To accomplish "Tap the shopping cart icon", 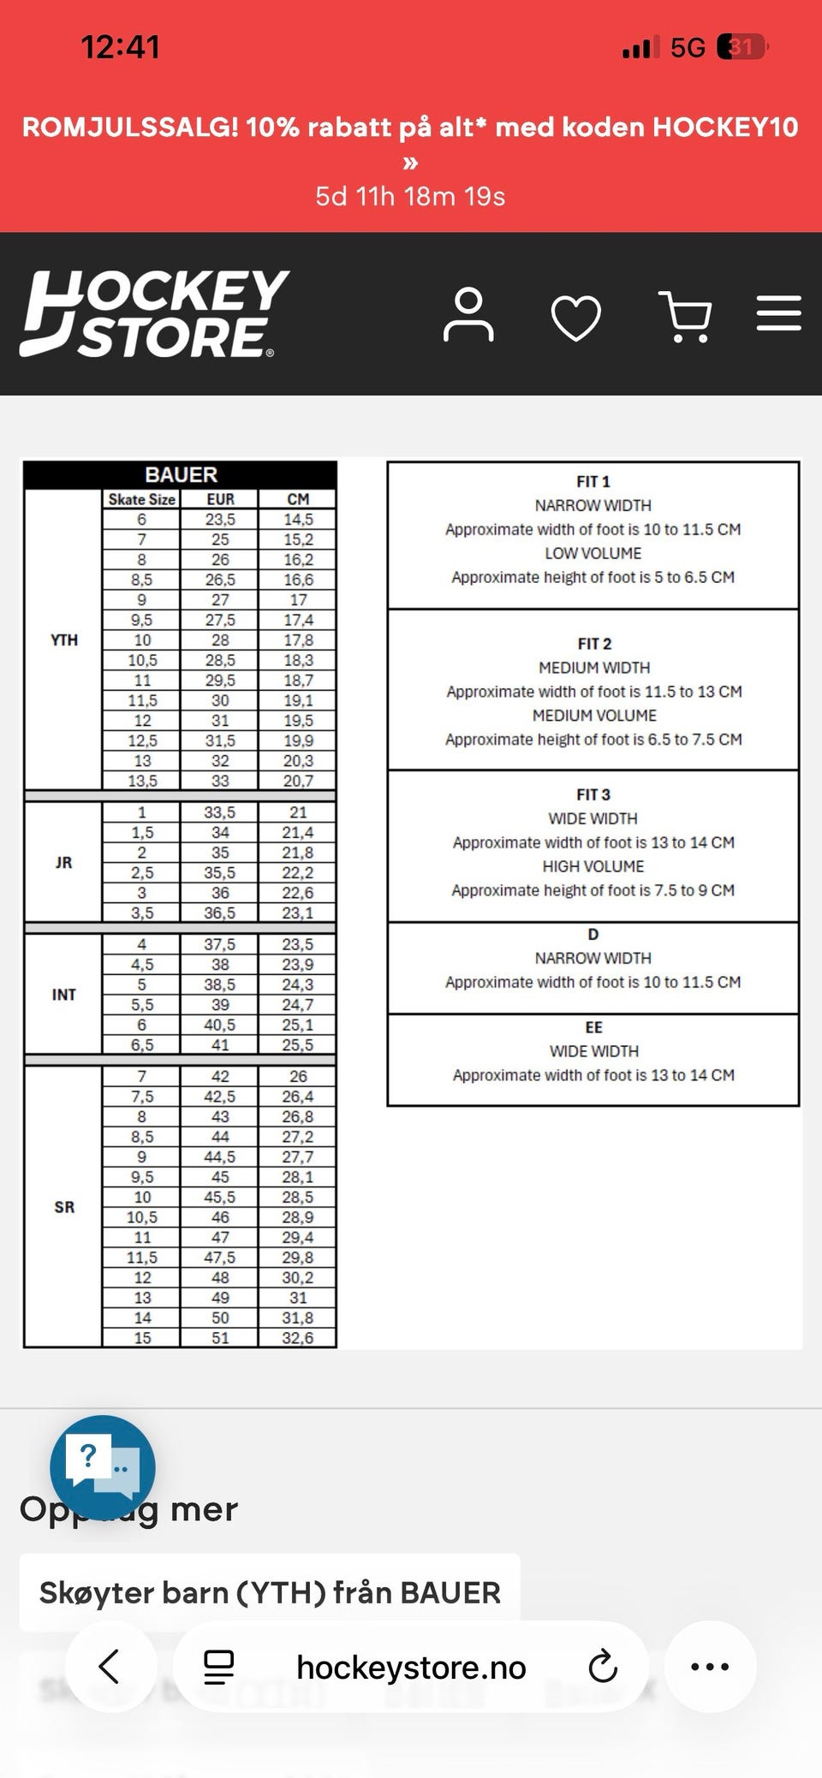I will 685,316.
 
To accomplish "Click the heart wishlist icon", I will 576,317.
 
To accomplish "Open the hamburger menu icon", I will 778,313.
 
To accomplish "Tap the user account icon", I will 468,315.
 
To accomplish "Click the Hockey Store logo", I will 154,313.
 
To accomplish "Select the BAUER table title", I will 181,475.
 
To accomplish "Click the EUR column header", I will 220,499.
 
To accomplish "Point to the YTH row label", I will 64,640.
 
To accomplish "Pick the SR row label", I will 64,1207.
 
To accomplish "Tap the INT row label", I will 64,995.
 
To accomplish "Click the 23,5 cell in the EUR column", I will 220,520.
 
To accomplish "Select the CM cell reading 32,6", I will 297,1338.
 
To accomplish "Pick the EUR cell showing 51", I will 220,1338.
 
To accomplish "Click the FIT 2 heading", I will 594,644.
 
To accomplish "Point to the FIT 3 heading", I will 593,794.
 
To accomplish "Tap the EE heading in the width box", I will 593,1027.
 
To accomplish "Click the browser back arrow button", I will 110,1667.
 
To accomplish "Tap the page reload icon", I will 603,1667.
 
